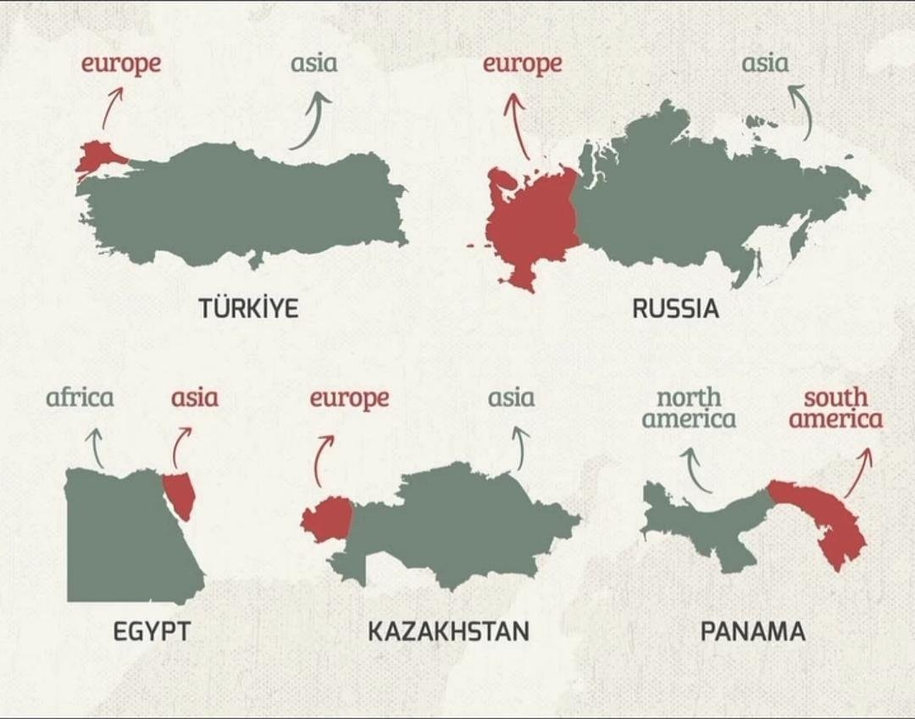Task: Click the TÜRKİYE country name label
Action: (249, 308)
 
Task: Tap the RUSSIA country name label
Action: (675, 308)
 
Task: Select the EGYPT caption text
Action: (152, 632)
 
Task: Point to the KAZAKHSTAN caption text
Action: (448, 632)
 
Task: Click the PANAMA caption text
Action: (752, 632)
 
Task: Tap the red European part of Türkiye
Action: (99, 156)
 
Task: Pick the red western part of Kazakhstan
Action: (329, 520)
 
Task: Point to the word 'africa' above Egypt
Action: (80, 397)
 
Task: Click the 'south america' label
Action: (836, 408)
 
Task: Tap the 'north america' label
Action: (689, 408)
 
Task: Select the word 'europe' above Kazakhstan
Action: (349, 398)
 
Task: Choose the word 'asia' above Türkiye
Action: (313, 64)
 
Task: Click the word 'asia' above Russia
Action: (765, 64)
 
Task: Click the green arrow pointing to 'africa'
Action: (97, 447)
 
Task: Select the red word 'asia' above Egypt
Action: (194, 398)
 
